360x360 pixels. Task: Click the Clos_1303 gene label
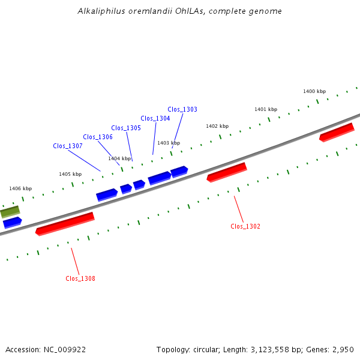click(182, 109)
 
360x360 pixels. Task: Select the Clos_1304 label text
click(155, 118)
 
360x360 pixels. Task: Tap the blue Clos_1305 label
click(126, 128)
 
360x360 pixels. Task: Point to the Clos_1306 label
click(98, 137)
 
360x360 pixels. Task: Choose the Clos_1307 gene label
click(68, 146)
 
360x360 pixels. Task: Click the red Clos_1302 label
click(245, 226)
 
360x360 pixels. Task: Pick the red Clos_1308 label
click(80, 278)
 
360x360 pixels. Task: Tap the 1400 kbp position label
click(314, 91)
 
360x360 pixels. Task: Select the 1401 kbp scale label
click(266, 109)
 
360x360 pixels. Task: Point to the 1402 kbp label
click(217, 126)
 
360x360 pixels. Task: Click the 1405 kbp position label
click(70, 174)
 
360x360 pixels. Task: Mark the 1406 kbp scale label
click(20, 188)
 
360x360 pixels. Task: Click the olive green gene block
click(10, 212)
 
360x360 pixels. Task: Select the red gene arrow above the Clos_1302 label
click(227, 172)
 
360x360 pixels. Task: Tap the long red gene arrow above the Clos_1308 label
click(65, 224)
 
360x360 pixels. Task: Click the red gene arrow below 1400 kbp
click(337, 133)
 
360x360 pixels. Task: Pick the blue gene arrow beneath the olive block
click(13, 223)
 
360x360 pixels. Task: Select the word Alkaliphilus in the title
click(101, 11)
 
